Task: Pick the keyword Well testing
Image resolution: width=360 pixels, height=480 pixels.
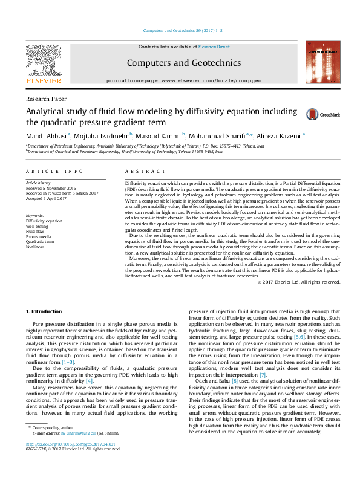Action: (38, 225)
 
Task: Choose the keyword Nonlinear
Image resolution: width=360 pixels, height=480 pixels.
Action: (35, 247)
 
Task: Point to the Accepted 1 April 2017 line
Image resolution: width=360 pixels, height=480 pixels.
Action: (50, 199)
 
